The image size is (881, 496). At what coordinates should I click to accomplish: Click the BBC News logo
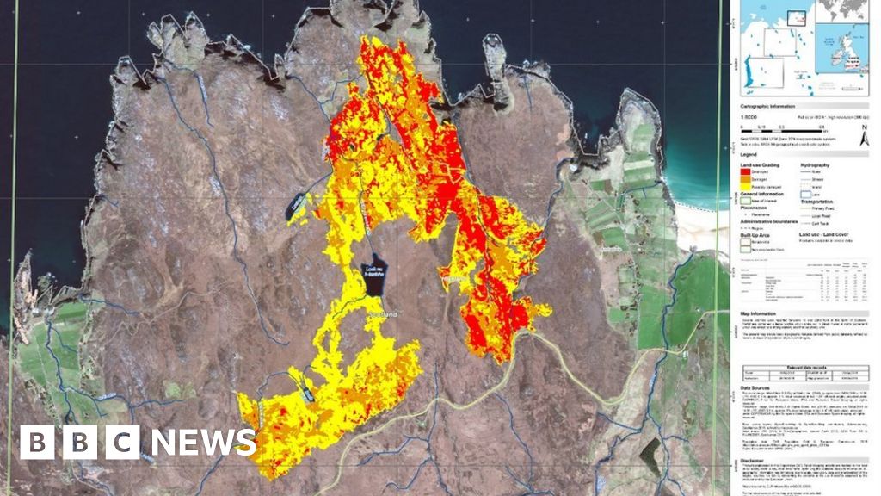(138, 442)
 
